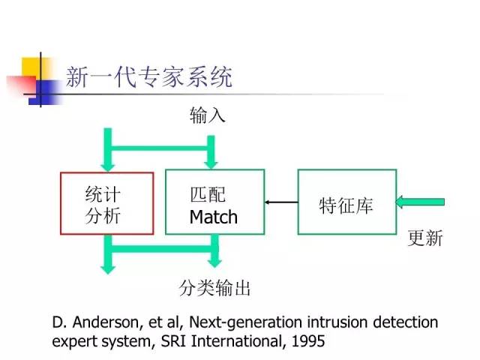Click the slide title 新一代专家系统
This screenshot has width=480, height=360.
148,77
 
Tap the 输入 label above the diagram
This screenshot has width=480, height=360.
207,115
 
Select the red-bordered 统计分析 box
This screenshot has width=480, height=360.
106,204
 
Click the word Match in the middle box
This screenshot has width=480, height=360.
213,217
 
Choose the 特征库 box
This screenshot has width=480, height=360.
346,202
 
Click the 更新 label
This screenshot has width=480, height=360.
425,238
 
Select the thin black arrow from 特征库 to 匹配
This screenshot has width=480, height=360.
281,202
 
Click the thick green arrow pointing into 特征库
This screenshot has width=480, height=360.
420,202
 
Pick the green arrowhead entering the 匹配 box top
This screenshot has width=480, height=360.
212,162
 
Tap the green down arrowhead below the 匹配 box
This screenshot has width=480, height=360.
215,261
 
